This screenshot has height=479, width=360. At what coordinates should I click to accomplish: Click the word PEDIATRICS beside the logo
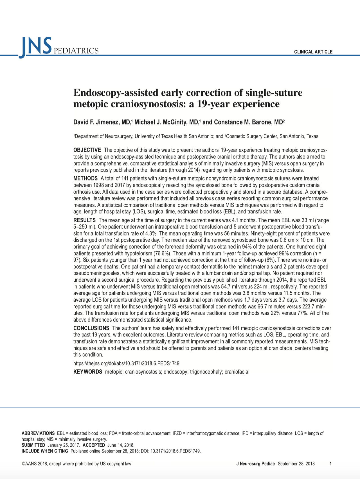pos(76,51)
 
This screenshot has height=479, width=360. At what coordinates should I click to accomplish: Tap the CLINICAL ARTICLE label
pos(313,52)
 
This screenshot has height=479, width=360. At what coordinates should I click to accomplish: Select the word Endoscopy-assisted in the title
pos(116,92)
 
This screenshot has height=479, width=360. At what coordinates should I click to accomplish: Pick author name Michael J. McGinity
pos(166,122)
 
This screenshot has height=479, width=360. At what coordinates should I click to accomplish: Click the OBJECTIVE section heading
pos(87,150)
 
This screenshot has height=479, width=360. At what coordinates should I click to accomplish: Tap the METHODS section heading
pos(85,179)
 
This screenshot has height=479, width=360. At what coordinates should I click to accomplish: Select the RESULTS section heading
pos(84,220)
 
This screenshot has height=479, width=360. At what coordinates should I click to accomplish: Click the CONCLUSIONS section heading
pos(91,328)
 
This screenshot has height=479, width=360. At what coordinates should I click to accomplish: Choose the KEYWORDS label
pos(87,372)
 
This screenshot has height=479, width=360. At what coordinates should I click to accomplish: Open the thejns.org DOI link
pos(126,363)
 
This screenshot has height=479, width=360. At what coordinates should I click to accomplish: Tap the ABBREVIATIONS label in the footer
pos(38,433)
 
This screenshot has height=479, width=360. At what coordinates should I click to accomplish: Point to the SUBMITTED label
pos(33,445)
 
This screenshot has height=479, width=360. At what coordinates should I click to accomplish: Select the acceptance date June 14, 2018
pos(121,445)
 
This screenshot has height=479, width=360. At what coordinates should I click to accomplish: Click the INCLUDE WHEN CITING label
pos(45,451)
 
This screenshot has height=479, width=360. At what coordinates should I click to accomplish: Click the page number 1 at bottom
pos(331,464)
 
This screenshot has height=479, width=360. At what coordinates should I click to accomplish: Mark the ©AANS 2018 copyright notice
pos(76,464)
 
